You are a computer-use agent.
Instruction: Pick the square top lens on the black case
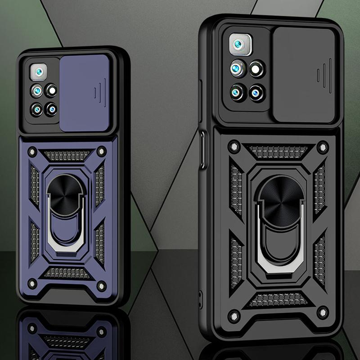(x=239, y=45)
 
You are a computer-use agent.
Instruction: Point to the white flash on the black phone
(x=257, y=69)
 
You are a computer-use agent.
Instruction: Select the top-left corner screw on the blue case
(x=32, y=152)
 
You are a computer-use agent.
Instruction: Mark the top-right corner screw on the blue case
(x=101, y=152)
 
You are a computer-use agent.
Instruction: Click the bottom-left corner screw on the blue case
(x=31, y=283)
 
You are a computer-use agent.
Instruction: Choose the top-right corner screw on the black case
(x=322, y=147)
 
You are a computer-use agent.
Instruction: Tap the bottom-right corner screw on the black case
(x=322, y=312)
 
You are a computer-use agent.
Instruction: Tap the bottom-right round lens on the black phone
(x=257, y=93)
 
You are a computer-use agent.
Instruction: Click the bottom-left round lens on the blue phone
(x=37, y=109)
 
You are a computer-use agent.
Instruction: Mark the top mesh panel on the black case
(x=278, y=152)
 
